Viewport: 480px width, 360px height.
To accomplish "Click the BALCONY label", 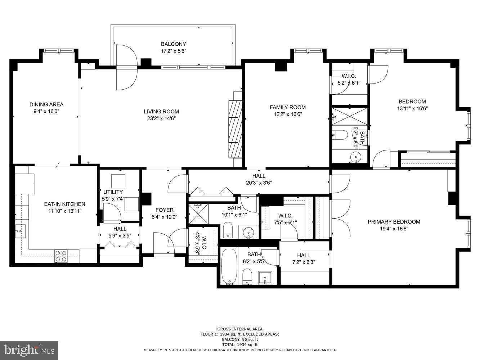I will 173,44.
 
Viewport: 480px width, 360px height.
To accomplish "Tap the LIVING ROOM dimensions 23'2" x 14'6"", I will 161,118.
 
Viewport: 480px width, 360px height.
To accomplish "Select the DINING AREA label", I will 46,104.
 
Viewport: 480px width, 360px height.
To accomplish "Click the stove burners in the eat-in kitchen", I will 60,256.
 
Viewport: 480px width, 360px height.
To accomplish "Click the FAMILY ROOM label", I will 287,107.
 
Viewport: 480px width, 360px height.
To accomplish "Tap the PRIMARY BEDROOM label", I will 394,222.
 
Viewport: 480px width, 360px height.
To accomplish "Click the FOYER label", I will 164,210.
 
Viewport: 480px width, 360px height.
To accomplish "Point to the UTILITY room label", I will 113,192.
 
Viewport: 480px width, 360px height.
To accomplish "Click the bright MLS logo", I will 30,350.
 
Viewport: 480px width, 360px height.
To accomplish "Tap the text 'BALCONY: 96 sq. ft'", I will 239,339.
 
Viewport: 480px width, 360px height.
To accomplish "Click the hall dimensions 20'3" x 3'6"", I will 259,183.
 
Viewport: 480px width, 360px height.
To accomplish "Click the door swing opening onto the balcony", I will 126,67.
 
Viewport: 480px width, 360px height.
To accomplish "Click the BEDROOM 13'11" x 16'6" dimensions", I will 412,108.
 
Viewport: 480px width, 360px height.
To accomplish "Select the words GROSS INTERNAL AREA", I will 239,329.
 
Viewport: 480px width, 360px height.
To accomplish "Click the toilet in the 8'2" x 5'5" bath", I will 247,276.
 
